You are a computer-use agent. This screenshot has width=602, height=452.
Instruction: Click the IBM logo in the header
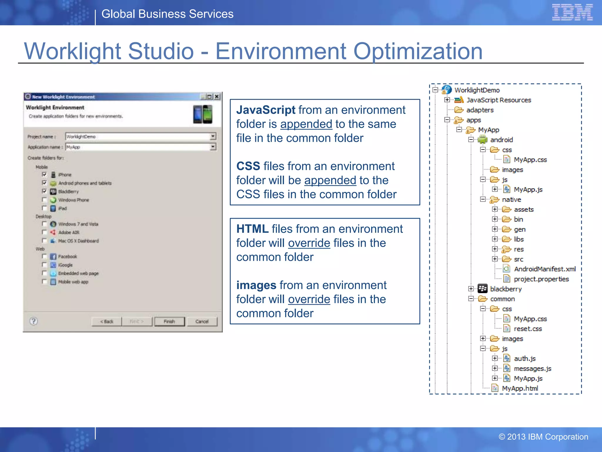click(572, 12)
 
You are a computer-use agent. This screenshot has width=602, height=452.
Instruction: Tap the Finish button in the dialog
click(169, 321)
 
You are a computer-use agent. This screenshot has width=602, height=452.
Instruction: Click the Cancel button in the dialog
click(202, 321)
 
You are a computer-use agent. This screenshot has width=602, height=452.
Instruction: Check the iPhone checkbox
click(44, 175)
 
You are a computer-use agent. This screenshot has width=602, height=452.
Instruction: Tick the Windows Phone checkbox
click(44, 200)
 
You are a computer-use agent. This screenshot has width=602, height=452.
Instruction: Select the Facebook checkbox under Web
click(44, 256)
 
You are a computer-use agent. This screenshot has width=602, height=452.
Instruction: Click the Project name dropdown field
click(141, 137)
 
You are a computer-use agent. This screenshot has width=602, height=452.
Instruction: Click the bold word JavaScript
click(266, 110)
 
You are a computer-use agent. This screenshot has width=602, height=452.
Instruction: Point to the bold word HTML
click(252, 229)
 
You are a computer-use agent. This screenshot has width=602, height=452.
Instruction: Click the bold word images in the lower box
click(256, 285)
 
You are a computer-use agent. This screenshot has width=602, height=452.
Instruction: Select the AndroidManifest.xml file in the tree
click(544, 269)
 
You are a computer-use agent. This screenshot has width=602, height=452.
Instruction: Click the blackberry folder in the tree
click(506, 289)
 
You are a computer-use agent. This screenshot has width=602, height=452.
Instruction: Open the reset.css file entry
click(527, 329)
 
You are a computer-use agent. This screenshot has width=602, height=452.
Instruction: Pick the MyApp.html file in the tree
click(520, 388)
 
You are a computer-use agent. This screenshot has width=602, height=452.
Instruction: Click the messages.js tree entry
click(532, 368)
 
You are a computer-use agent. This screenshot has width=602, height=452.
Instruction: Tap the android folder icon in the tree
click(482, 139)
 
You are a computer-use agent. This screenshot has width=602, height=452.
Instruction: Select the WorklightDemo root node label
click(477, 90)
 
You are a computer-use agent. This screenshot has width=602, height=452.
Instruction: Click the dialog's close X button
click(217, 97)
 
